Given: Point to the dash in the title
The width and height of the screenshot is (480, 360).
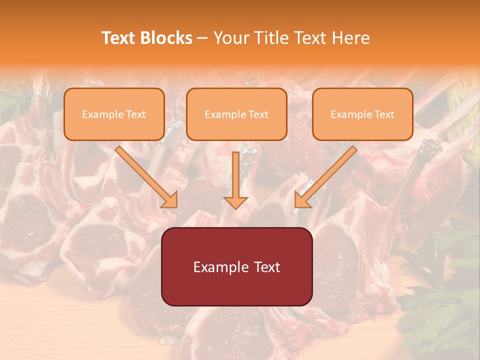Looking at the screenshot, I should pos(203,38).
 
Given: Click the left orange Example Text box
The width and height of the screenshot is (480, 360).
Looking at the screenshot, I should pos(114,114).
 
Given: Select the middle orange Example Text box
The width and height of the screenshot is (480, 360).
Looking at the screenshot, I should pos(236,114).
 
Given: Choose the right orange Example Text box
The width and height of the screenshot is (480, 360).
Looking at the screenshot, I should pos(362,114).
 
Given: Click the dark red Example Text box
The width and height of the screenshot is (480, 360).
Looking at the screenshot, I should pos(236,266).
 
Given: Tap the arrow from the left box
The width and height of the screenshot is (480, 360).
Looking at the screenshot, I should pos(145,175).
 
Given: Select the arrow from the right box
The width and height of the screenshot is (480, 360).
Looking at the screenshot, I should pos(327,175).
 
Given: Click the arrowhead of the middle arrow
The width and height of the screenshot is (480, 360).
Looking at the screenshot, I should pos(236,202).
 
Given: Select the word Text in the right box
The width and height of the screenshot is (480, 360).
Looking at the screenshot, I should pos(384,114).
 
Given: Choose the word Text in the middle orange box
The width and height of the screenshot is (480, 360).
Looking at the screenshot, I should pos(258,114).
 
